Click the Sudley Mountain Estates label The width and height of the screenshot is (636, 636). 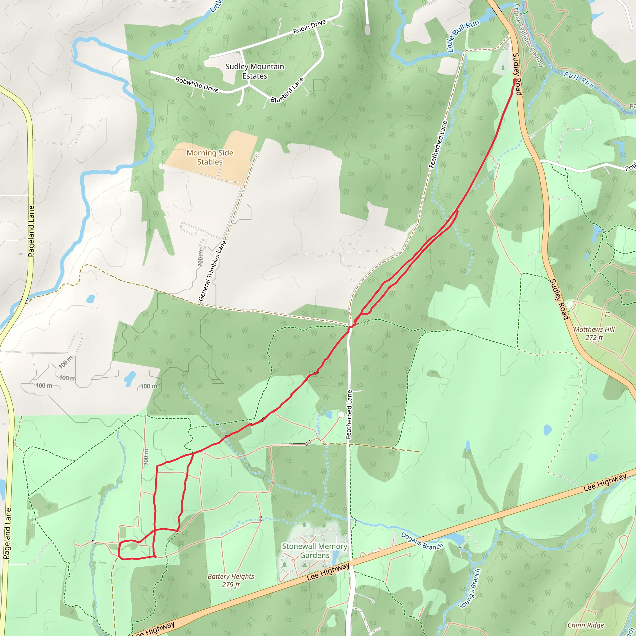click(x=254, y=71)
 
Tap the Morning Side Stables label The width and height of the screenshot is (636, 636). click(x=210, y=157)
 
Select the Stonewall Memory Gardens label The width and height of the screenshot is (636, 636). click(x=314, y=551)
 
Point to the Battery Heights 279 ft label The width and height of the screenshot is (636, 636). click(x=231, y=580)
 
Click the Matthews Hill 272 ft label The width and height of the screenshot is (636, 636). click(x=594, y=333)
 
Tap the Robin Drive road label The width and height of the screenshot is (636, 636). click(x=309, y=27)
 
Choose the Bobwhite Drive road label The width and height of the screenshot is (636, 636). click(x=197, y=84)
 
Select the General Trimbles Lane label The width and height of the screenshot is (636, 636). click(x=212, y=270)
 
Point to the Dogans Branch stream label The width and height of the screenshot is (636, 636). click(x=422, y=542)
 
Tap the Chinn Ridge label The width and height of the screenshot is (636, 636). click(x=586, y=625)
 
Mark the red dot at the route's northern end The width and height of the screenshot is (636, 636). click(x=515, y=80)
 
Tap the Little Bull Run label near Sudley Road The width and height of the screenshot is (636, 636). click(x=463, y=35)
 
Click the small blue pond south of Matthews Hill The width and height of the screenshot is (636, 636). click(x=547, y=429)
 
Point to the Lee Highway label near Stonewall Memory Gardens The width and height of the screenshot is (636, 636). click(x=328, y=572)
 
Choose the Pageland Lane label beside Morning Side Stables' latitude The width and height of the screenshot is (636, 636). click(x=31, y=231)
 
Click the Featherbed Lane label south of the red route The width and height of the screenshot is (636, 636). click(x=349, y=414)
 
